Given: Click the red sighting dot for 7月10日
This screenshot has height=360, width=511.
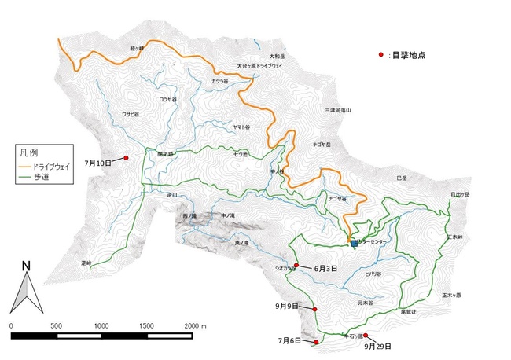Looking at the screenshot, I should pyautogui.click(x=126, y=158).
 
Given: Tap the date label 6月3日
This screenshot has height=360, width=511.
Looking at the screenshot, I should pyautogui.click(x=325, y=268).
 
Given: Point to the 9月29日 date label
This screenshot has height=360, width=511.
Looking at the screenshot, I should pyautogui.click(x=378, y=346).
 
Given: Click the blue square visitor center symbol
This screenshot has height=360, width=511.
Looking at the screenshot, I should pyautogui.click(x=354, y=244).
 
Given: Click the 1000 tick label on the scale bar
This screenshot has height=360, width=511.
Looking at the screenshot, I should pyautogui.click(x=101, y=325).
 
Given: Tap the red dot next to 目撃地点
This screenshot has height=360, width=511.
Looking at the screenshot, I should pyautogui.click(x=381, y=54).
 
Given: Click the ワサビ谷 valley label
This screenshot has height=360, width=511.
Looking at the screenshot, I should pyautogui.click(x=130, y=115).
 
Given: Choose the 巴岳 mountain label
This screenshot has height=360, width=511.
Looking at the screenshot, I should pyautogui.click(x=402, y=178).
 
